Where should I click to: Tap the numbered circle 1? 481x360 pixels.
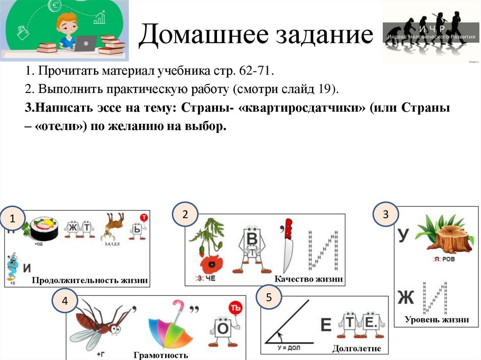(12, 218)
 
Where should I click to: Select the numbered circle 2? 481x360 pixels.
(185, 214)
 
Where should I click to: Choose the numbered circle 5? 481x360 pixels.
(269, 297)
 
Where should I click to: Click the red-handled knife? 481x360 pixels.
(287, 245)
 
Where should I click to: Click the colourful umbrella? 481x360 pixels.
(167, 324)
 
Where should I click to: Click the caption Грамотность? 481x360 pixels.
(161, 355)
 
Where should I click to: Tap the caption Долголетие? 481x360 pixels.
(357, 349)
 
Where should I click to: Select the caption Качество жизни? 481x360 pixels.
(309, 279)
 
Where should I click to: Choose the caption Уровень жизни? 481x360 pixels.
(437, 320)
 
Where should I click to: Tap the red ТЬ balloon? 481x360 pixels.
(235, 308)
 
